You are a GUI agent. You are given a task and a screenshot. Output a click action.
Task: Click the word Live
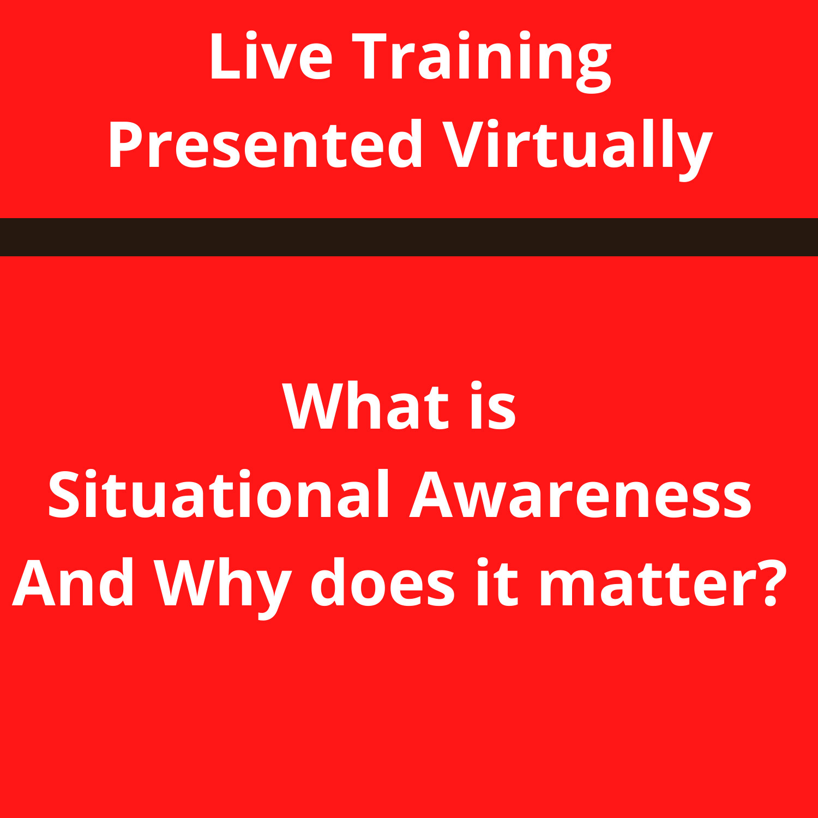[x=270, y=57]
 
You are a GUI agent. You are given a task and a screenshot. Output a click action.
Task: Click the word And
[x=74, y=582]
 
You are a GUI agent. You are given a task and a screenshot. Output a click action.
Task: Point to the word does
[x=382, y=582]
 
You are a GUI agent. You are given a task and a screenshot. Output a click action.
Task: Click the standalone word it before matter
[x=496, y=582]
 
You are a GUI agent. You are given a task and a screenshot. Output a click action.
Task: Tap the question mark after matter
[x=771, y=582]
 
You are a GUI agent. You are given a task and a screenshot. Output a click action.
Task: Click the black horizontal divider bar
[x=409, y=237]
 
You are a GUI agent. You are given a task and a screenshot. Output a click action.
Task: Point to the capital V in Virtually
[x=462, y=145]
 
